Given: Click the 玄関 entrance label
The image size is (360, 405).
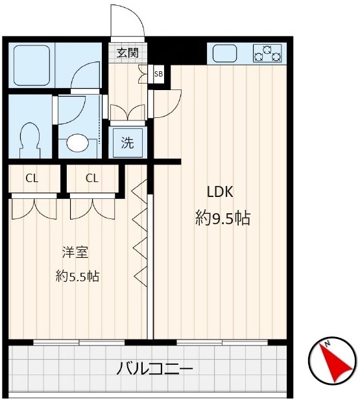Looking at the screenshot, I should click(x=127, y=53).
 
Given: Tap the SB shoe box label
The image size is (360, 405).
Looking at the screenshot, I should click(x=158, y=74).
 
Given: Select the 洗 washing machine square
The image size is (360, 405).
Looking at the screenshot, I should click(x=128, y=143).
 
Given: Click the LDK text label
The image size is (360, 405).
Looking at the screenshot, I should click(x=220, y=192).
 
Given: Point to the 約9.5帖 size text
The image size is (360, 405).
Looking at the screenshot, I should click(x=222, y=218).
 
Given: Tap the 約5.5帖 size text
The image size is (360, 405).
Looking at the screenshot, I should click(x=77, y=276).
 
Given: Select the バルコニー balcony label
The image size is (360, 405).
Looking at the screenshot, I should click(x=154, y=370).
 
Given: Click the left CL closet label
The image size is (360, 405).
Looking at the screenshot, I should click(x=32, y=178).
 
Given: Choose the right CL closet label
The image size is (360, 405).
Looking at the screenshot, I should click(x=92, y=178).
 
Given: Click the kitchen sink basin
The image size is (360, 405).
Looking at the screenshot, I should click(x=225, y=53).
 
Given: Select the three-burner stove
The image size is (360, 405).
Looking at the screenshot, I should click(x=268, y=52).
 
